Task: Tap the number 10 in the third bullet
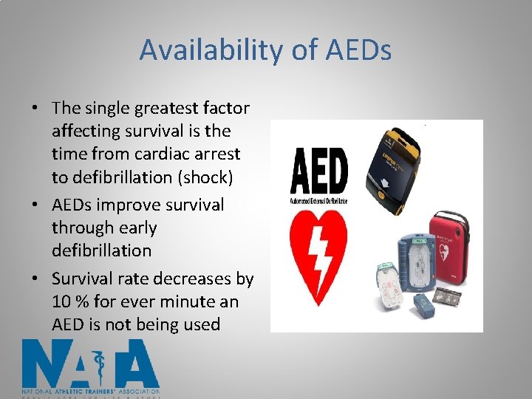pos(61,301)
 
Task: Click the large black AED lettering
pos(318,171)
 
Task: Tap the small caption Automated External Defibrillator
pos(318,202)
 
